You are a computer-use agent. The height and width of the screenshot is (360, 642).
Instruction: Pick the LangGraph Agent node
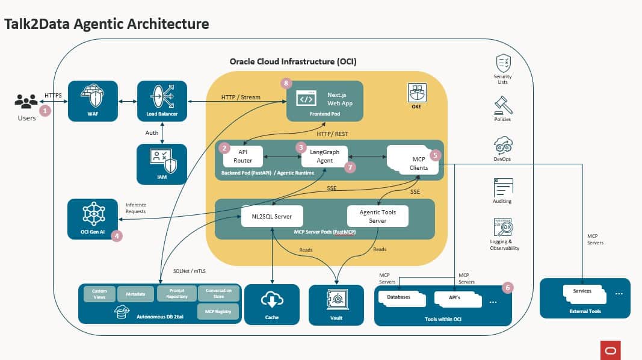[325, 156]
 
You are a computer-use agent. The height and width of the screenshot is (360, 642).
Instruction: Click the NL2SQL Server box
[271, 217]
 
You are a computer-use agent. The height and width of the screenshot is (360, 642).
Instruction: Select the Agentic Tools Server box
[377, 217]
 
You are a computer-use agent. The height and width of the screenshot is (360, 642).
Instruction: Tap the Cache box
[272, 305]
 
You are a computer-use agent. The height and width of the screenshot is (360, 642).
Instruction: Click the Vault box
[336, 305]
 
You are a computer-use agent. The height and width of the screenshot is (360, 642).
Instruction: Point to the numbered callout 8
[286, 84]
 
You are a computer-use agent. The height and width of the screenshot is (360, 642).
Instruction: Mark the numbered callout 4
[117, 236]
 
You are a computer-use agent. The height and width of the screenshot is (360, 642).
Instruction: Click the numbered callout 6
[507, 288]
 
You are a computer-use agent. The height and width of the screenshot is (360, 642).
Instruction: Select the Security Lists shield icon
[503, 63]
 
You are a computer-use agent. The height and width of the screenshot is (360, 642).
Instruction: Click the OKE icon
[417, 92]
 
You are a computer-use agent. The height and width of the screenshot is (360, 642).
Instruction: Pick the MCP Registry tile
[218, 312]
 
